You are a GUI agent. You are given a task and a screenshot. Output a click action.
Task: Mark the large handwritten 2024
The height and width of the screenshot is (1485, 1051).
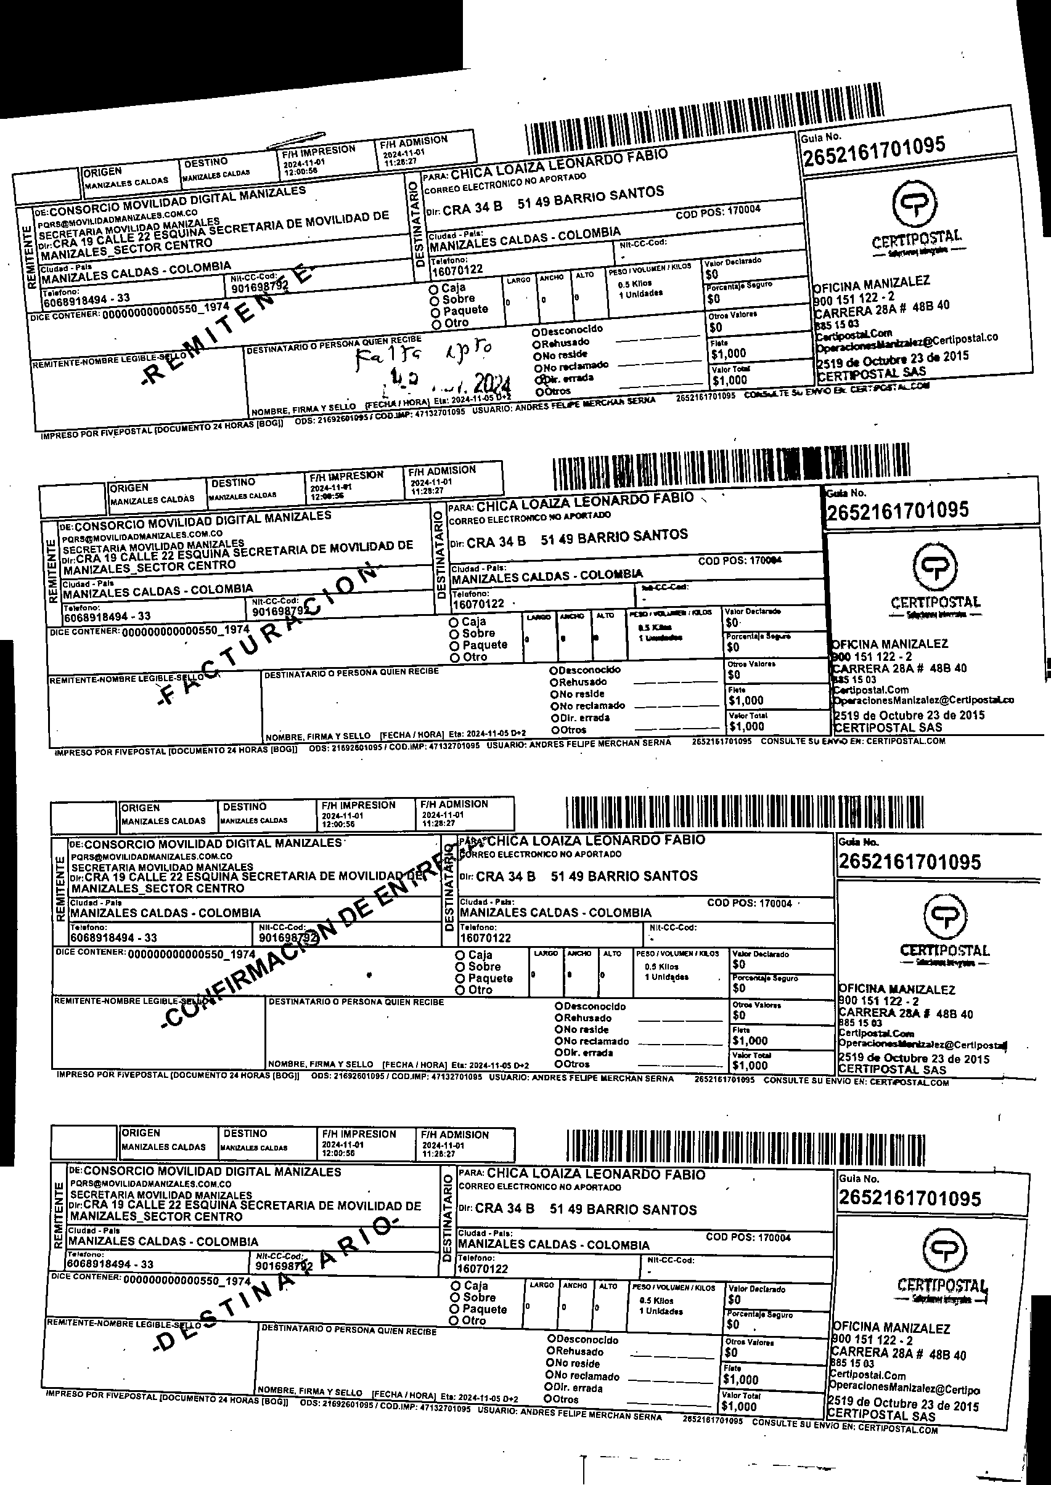(x=493, y=384)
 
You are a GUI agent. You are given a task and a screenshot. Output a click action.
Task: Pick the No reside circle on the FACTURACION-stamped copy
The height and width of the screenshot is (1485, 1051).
(x=555, y=694)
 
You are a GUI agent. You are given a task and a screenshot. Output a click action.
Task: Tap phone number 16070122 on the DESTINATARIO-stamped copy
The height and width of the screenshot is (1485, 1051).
(x=482, y=1269)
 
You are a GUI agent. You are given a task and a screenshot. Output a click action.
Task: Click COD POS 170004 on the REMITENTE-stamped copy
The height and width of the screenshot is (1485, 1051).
(x=718, y=211)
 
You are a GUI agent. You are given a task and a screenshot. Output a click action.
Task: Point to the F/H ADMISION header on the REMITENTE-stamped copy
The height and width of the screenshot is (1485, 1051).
(x=414, y=141)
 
